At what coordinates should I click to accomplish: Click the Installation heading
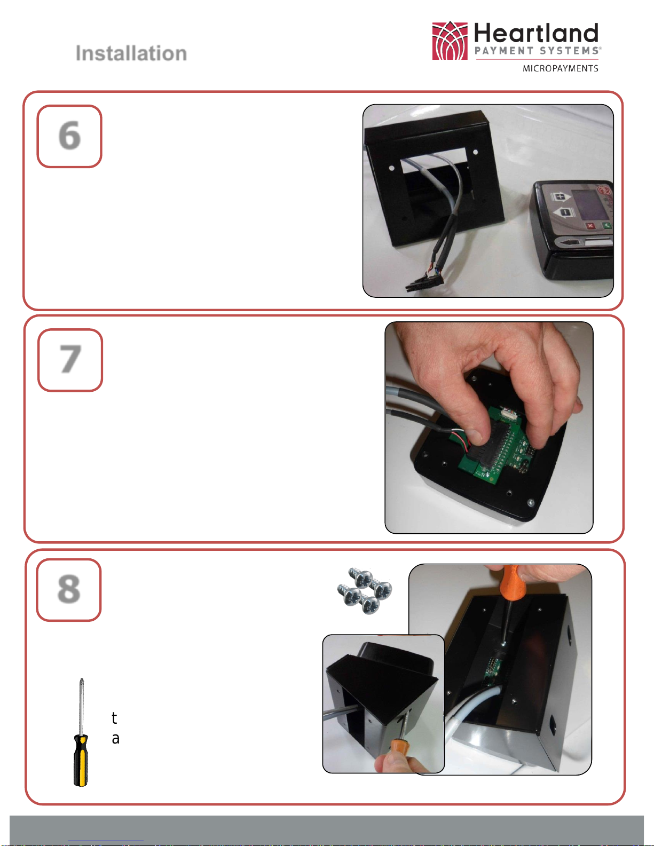click(131, 53)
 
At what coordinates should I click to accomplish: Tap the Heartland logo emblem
click(450, 41)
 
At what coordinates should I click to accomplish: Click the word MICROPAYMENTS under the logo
click(560, 68)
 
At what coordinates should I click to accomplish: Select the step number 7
click(70, 359)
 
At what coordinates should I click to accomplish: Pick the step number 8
click(69, 589)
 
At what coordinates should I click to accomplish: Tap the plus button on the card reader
click(560, 196)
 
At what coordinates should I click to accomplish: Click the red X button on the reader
click(590, 226)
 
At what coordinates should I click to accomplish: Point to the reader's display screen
click(591, 206)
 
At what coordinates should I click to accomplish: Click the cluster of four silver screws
click(364, 590)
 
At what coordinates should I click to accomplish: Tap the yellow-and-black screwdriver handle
click(81, 760)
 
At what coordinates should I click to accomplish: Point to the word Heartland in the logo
click(536, 33)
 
